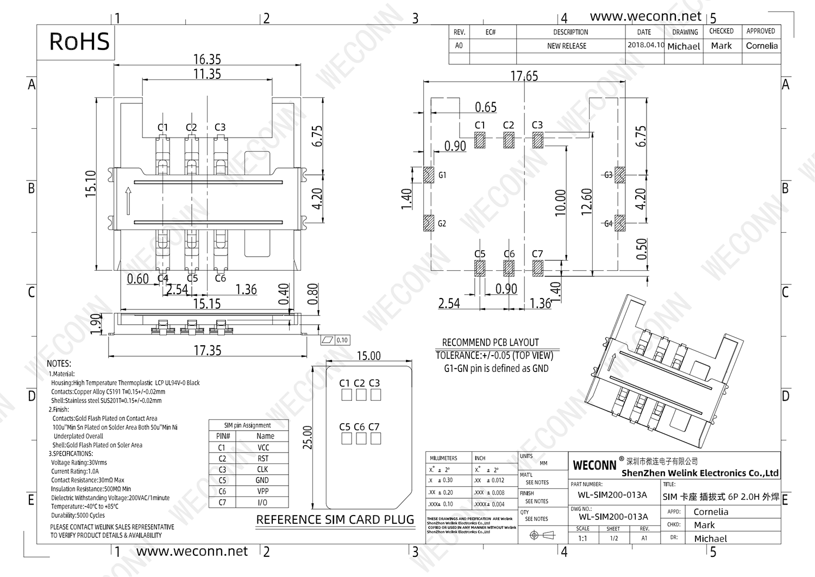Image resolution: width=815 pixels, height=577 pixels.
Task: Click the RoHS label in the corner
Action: pyautogui.click(x=79, y=42)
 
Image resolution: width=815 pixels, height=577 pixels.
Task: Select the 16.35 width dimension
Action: pyautogui.click(x=207, y=59)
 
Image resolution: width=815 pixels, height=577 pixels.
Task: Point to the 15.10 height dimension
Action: pyautogui.click(x=91, y=183)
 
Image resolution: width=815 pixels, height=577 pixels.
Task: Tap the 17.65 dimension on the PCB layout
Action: pyautogui.click(x=524, y=76)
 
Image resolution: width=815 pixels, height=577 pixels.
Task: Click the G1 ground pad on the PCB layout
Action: pyautogui.click(x=429, y=175)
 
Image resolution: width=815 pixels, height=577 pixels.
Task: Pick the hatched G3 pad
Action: pyautogui.click(x=619, y=175)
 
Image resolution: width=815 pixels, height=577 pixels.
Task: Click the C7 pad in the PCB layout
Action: pyautogui.click(x=538, y=268)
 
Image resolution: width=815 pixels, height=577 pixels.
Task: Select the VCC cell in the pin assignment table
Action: pyautogui.click(x=263, y=448)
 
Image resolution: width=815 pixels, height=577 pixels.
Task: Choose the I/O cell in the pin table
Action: pyautogui.click(x=262, y=502)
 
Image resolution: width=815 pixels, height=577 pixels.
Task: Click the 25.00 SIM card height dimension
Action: pyautogui.click(x=308, y=437)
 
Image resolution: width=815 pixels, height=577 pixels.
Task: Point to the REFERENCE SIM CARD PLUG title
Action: pyautogui.click(x=335, y=520)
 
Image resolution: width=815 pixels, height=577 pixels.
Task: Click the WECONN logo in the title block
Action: pyautogui.click(x=594, y=465)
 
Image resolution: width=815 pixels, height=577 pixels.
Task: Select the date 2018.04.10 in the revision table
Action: pyautogui.click(x=645, y=45)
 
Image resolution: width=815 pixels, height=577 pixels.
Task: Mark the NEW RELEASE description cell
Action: pyautogui.click(x=567, y=46)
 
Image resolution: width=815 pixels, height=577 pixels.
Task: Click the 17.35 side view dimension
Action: pyautogui.click(x=208, y=350)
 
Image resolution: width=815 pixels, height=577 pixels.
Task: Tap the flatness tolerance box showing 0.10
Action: pyautogui.click(x=335, y=340)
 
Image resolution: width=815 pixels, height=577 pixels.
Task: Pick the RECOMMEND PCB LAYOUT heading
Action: pyautogui.click(x=490, y=343)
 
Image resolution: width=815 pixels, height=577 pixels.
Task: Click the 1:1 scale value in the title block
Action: pyautogui.click(x=582, y=538)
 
